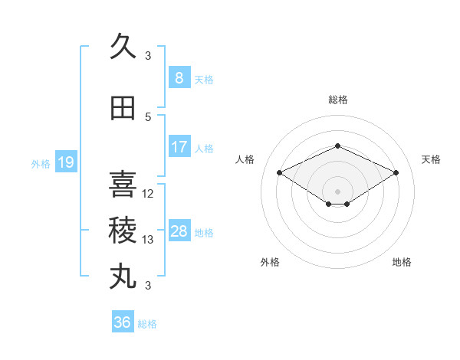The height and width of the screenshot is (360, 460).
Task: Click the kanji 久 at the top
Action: tap(123, 46)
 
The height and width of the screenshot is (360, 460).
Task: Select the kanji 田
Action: tap(123, 108)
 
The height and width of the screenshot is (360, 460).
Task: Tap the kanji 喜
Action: tap(123, 184)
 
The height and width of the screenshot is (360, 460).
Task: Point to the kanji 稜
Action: tap(123, 230)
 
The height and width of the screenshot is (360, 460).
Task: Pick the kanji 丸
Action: tap(123, 277)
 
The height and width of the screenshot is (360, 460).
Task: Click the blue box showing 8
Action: tap(179, 77)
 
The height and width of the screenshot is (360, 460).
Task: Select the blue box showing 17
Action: tap(179, 146)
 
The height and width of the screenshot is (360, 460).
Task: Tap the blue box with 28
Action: tap(179, 230)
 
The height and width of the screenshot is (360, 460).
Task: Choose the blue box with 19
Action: tap(66, 162)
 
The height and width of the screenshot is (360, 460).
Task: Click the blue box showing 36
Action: tap(123, 321)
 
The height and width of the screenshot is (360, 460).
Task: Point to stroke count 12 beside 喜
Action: tap(147, 194)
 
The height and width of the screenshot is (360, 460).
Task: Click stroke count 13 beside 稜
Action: tap(147, 240)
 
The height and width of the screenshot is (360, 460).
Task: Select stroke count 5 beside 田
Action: tap(148, 117)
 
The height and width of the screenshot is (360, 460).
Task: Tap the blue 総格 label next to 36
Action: tap(147, 324)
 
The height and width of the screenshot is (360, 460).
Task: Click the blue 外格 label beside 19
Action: tap(41, 164)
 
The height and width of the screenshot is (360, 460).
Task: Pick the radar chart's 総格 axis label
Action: tap(338, 100)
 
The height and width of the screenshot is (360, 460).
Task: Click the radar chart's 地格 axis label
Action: tap(402, 262)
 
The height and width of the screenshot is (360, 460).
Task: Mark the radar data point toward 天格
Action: tap(396, 172)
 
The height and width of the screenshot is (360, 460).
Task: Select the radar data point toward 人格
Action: tap(280, 172)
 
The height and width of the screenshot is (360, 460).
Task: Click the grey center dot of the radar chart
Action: tap(337, 191)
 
